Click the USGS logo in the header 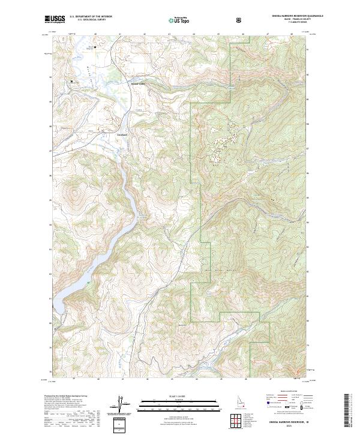coord(55,20)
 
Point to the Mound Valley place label coord(137,83)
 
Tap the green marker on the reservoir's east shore coord(88,282)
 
